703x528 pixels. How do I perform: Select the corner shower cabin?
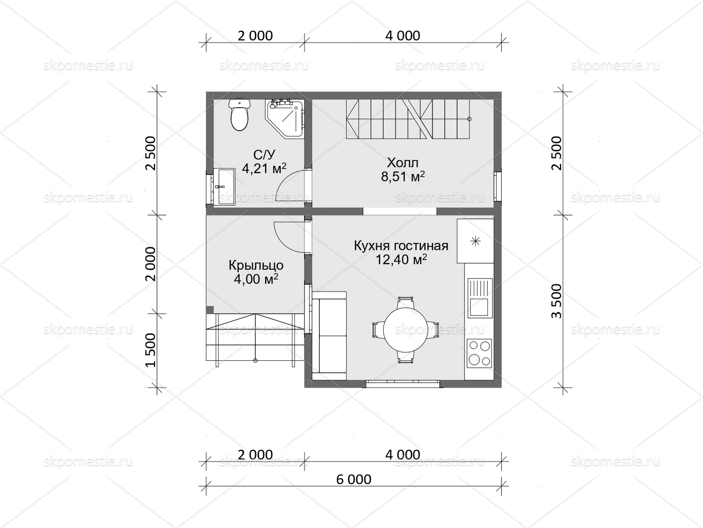tap(284, 119)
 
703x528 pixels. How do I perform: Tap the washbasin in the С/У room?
tap(224, 187)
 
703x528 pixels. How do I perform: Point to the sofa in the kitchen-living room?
tap(329, 336)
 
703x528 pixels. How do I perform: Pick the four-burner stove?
tap(479, 353)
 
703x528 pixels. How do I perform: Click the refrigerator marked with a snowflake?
tap(475, 241)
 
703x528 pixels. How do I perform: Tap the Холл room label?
tap(402, 163)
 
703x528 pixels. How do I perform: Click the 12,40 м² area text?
tap(401, 260)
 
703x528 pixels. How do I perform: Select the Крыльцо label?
tap(256, 265)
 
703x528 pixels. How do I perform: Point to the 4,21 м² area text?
tap(264, 169)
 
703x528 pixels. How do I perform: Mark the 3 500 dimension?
tap(557, 301)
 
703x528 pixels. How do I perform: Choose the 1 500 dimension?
tap(150, 350)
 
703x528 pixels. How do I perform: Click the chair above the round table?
tap(406, 302)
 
